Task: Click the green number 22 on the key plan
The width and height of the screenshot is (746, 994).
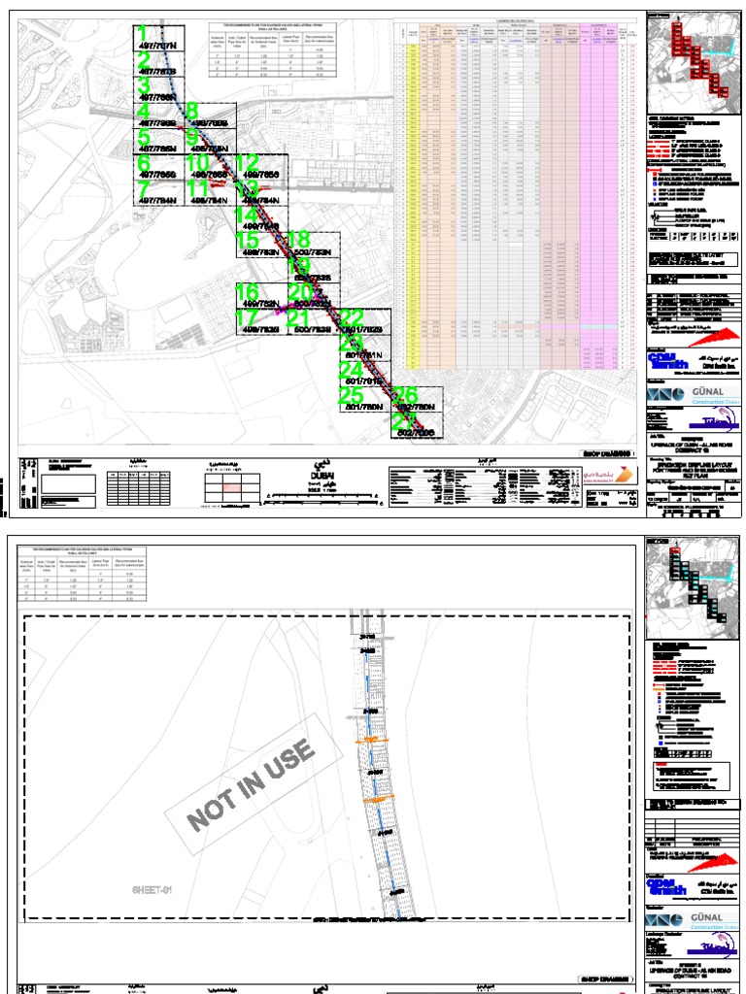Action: [x=351, y=317]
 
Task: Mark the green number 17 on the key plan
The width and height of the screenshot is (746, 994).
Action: [x=250, y=317]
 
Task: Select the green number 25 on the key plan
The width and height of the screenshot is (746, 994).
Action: [x=351, y=395]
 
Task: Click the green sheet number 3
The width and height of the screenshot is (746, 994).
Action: [x=143, y=85]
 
